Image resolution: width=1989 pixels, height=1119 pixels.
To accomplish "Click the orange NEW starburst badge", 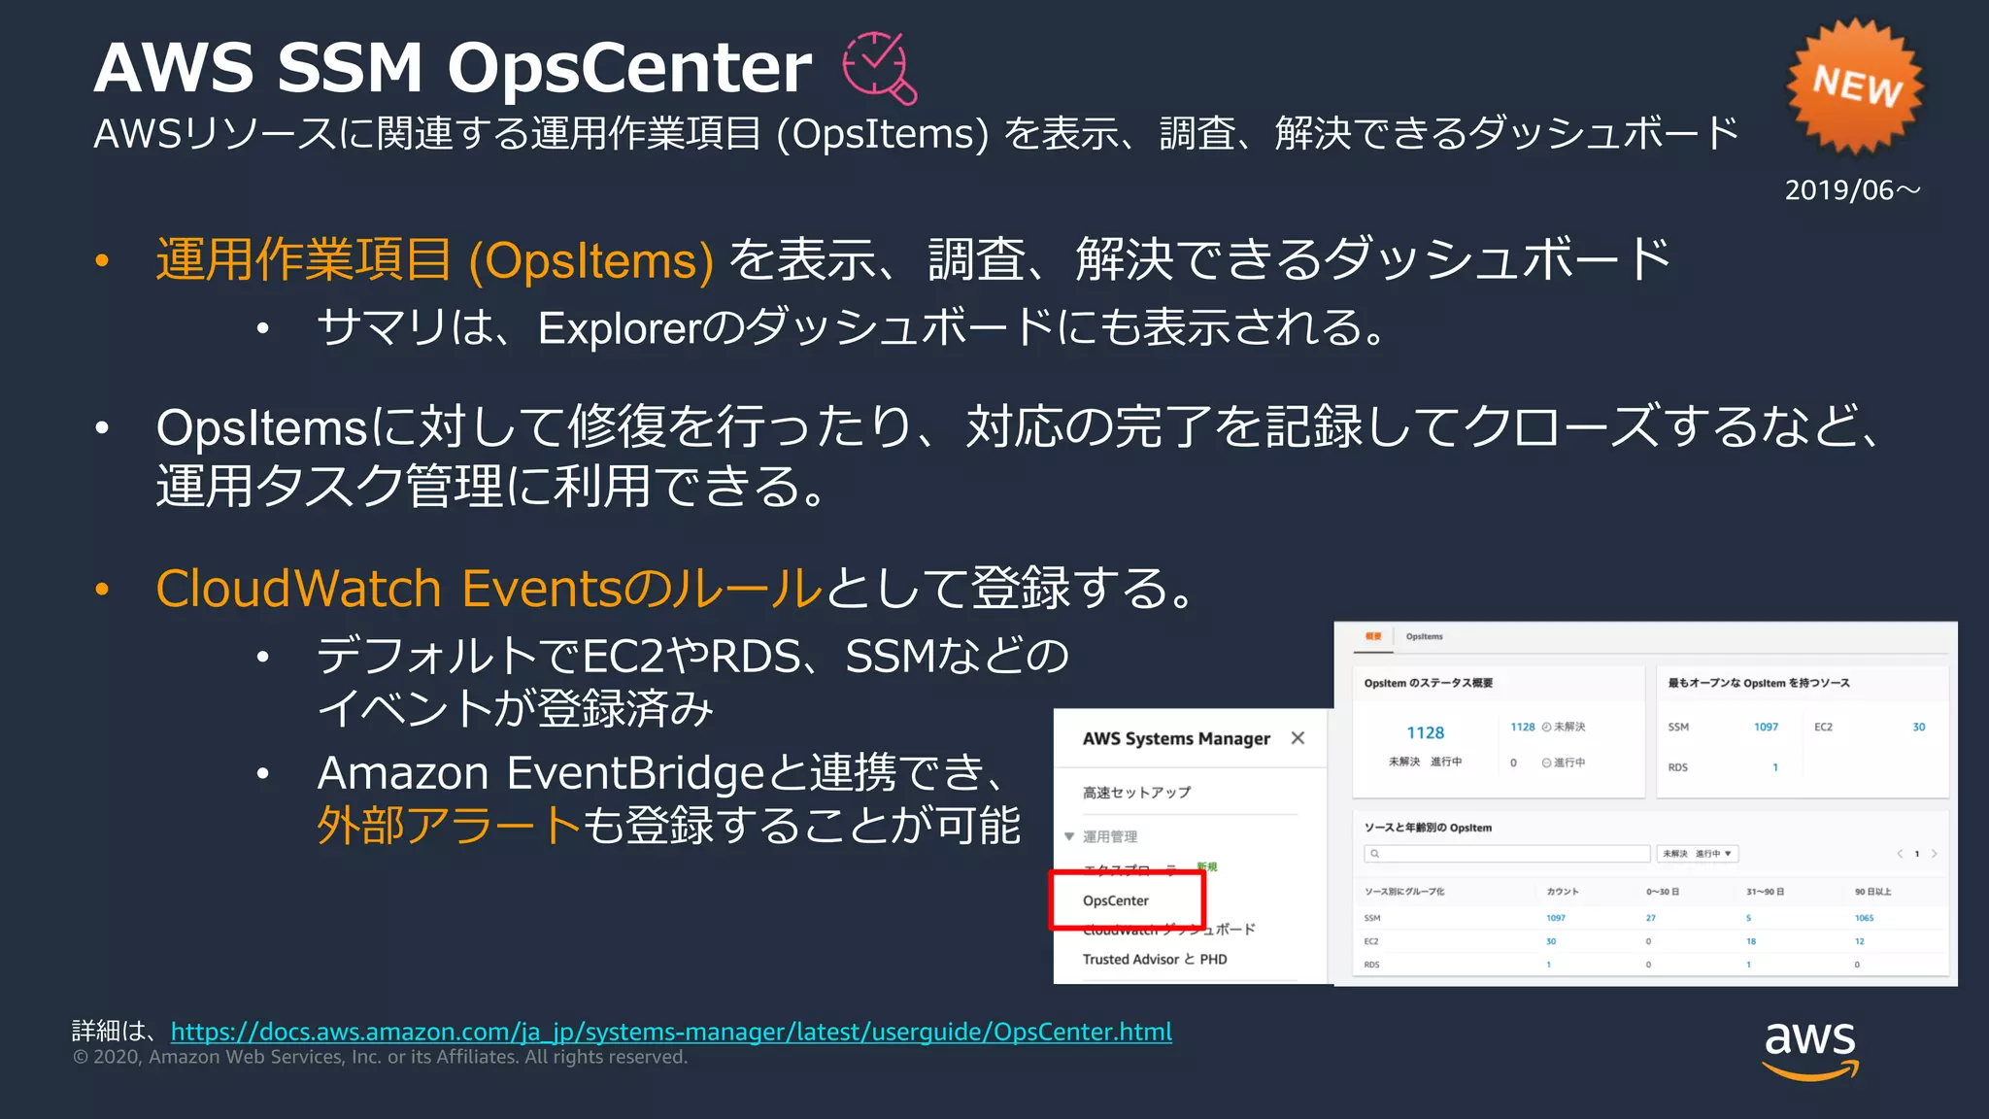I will tap(1855, 85).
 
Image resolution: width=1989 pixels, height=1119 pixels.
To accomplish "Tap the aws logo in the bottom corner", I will tap(1810, 1048).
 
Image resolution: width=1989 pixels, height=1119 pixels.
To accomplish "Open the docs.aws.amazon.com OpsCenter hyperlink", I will tap(671, 1032).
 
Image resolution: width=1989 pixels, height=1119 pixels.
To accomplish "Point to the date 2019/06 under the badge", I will tap(1851, 190).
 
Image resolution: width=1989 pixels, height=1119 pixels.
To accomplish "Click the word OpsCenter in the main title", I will tap(628, 68).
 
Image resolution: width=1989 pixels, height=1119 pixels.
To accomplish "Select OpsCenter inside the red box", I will tap(1116, 900).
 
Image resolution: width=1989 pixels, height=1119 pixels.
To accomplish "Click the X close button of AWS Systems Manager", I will tap(1298, 738).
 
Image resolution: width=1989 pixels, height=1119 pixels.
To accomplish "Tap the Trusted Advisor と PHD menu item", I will tap(1155, 959).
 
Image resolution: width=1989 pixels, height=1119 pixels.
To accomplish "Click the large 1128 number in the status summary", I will tap(1425, 732).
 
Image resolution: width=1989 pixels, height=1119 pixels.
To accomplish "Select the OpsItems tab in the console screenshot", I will tap(1424, 637).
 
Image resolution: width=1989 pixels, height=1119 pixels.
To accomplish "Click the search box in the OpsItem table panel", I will tap(1507, 854).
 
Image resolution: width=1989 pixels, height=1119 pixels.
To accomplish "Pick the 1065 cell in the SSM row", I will tap(1864, 918).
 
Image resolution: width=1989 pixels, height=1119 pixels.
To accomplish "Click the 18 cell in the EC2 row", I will tap(1750, 941).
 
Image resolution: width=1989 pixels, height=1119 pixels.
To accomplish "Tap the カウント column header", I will tap(1563, 892).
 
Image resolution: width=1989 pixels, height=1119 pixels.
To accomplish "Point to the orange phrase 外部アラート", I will tap(449, 826).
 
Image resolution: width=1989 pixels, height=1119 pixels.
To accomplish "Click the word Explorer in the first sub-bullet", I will tap(619, 328).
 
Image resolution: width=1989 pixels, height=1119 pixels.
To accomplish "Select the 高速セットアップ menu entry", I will tap(1136, 793).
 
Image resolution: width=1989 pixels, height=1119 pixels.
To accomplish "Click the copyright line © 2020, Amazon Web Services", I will tap(380, 1057).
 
